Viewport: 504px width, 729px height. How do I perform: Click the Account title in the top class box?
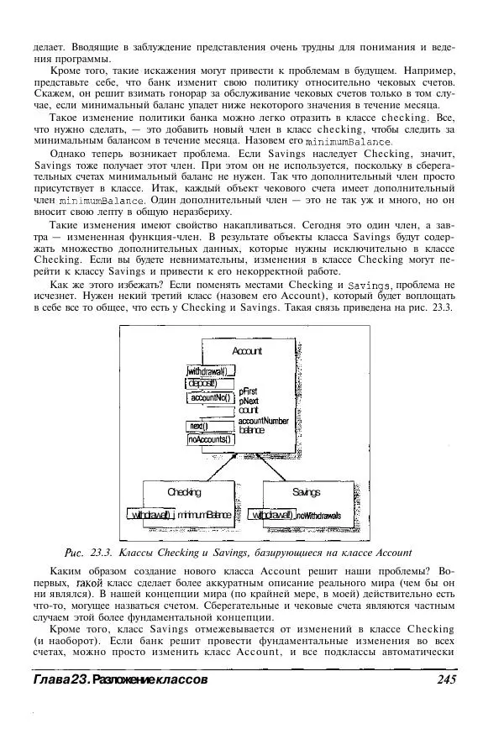(246, 351)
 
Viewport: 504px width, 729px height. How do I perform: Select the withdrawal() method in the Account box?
(206, 370)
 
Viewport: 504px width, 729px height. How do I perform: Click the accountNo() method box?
(210, 397)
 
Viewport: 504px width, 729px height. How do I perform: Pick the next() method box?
(199, 425)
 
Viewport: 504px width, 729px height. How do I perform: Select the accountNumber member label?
(264, 419)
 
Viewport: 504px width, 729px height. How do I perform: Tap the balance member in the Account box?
(252, 429)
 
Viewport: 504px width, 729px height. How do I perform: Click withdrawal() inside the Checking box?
(151, 514)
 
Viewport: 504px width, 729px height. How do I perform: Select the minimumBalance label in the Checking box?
(205, 514)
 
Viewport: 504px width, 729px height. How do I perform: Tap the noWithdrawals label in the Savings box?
(318, 514)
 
